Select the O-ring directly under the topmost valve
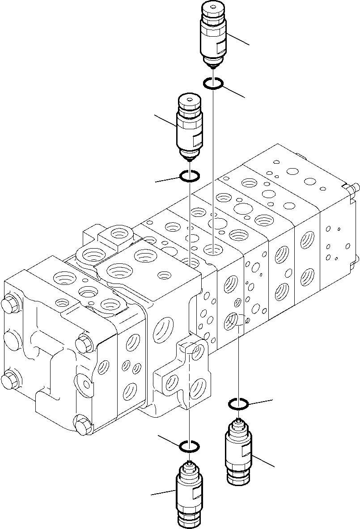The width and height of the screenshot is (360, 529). click(x=214, y=83)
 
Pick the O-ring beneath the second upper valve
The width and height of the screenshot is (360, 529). click(x=190, y=177)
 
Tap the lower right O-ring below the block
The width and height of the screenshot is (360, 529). click(x=238, y=404)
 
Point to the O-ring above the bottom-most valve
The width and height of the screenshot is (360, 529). click(x=189, y=446)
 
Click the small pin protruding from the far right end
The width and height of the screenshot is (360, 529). click(x=356, y=188)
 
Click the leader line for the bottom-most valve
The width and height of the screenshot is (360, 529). click(x=163, y=492)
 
